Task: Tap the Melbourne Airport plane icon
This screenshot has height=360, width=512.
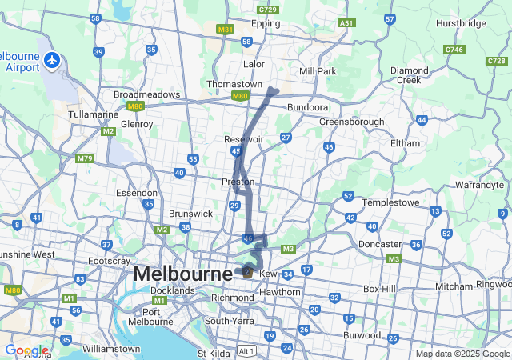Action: tap(53, 59)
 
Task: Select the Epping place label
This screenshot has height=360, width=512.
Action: tap(266, 24)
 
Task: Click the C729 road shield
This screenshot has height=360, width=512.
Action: tap(268, 9)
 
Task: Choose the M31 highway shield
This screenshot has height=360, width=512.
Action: tap(226, 30)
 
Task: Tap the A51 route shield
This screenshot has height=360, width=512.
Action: tap(346, 24)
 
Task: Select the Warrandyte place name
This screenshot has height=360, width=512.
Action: tap(479, 185)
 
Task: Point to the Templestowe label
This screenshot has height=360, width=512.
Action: tap(392, 202)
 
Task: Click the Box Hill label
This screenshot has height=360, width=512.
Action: tap(380, 288)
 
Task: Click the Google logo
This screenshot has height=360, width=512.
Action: tap(26, 350)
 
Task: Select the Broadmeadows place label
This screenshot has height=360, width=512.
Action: tap(147, 94)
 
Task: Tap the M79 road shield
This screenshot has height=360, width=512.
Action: tap(85, 158)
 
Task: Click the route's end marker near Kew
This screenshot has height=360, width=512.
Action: tap(248, 272)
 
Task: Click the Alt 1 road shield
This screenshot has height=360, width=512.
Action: tap(246, 352)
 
